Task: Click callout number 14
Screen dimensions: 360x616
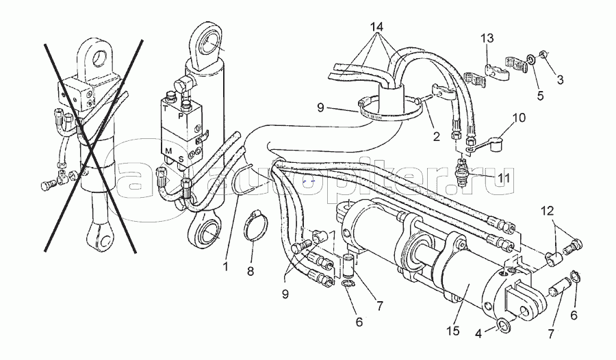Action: [x=377, y=27]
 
